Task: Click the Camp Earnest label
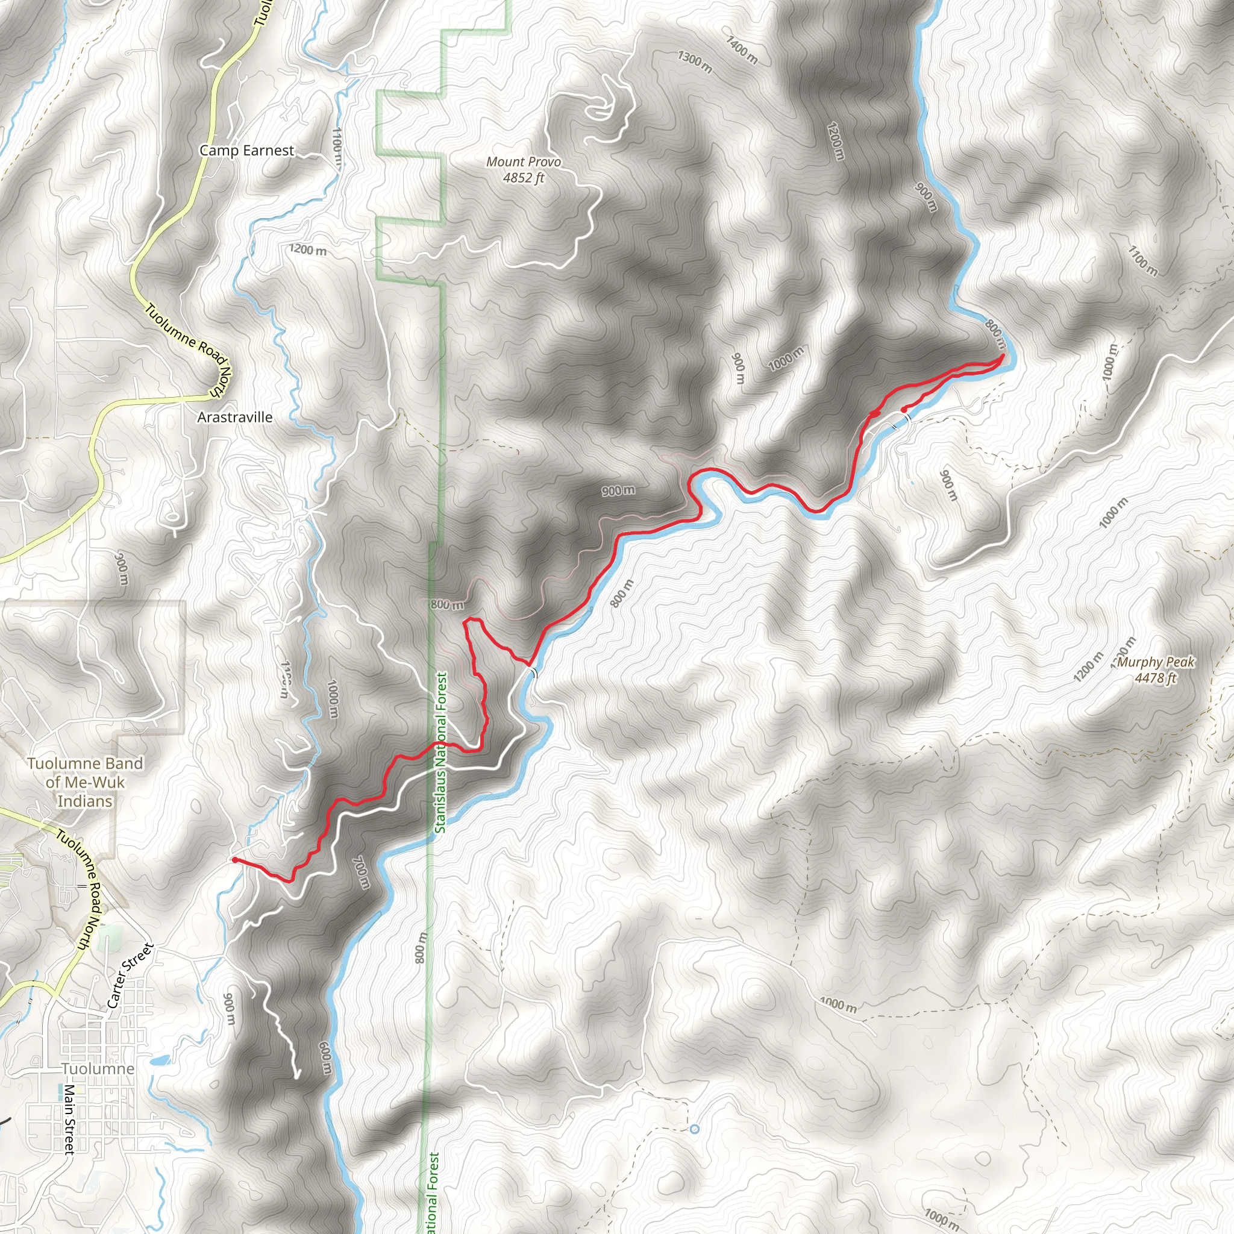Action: pos(246,151)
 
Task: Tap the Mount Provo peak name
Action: pos(523,162)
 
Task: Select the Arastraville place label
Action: pos(234,417)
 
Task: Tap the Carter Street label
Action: pos(130,976)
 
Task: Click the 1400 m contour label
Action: pos(742,50)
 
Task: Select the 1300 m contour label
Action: pos(694,62)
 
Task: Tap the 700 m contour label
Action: pos(361,872)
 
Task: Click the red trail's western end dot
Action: pos(235,860)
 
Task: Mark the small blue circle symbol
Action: pos(695,1129)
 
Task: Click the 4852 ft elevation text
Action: pos(523,178)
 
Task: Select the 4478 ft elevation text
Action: pos(1155,678)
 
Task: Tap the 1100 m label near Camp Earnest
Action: pos(337,146)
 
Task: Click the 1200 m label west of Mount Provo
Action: pos(307,249)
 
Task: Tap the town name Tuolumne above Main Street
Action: pos(98,1068)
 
